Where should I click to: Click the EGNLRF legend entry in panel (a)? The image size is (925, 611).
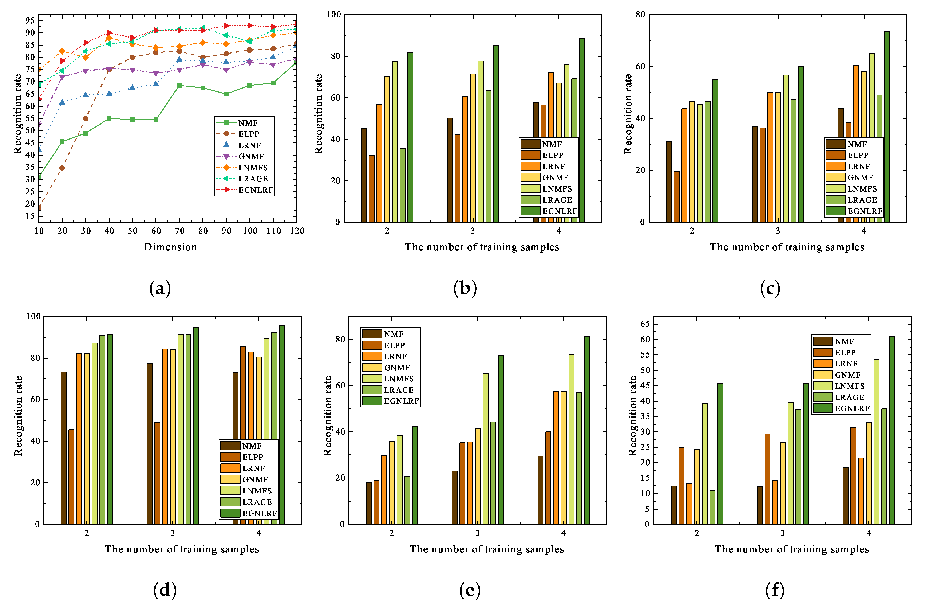coord(255,190)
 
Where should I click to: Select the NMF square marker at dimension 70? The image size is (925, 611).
coord(179,85)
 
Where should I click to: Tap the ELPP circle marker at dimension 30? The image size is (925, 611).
coord(86,118)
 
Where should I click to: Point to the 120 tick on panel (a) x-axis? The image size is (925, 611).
coord(297,231)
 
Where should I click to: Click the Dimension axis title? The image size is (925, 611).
coord(170,247)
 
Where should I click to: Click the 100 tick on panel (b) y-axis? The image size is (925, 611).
coord(334,14)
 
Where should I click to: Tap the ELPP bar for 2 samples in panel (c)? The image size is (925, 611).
coord(676,197)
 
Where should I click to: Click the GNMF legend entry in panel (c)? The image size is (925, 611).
coord(860,178)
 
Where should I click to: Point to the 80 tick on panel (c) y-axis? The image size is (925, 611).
coord(640,14)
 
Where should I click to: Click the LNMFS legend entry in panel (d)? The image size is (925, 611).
coord(257,491)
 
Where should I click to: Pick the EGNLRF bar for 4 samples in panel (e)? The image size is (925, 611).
coord(587,429)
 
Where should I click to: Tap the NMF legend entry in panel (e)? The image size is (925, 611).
coord(393,334)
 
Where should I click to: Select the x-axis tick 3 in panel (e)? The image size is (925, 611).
coord(478,533)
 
